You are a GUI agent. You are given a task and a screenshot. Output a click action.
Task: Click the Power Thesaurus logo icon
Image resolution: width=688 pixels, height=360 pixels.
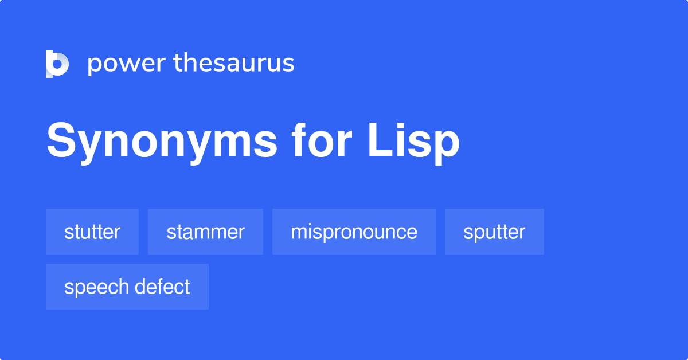pos(57,64)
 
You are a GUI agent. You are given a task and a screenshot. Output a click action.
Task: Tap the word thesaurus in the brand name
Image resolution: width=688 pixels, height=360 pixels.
pos(234,64)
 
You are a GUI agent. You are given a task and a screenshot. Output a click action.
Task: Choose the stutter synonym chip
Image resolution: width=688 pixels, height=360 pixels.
pos(92,232)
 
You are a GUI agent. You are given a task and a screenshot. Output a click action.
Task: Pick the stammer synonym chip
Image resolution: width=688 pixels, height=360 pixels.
pos(205,232)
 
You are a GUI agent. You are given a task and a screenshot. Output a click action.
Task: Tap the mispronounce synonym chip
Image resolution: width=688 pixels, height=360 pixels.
pos(354,232)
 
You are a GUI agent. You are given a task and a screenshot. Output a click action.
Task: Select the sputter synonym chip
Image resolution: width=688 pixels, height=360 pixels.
pos(494,232)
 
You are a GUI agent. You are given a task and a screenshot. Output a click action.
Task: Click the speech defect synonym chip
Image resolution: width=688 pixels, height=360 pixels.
pos(127,287)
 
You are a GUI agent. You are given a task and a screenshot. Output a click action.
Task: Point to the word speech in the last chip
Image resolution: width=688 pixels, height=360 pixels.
pos(95,287)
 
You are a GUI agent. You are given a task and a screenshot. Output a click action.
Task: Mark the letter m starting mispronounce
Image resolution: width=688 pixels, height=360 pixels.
pos(299,232)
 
